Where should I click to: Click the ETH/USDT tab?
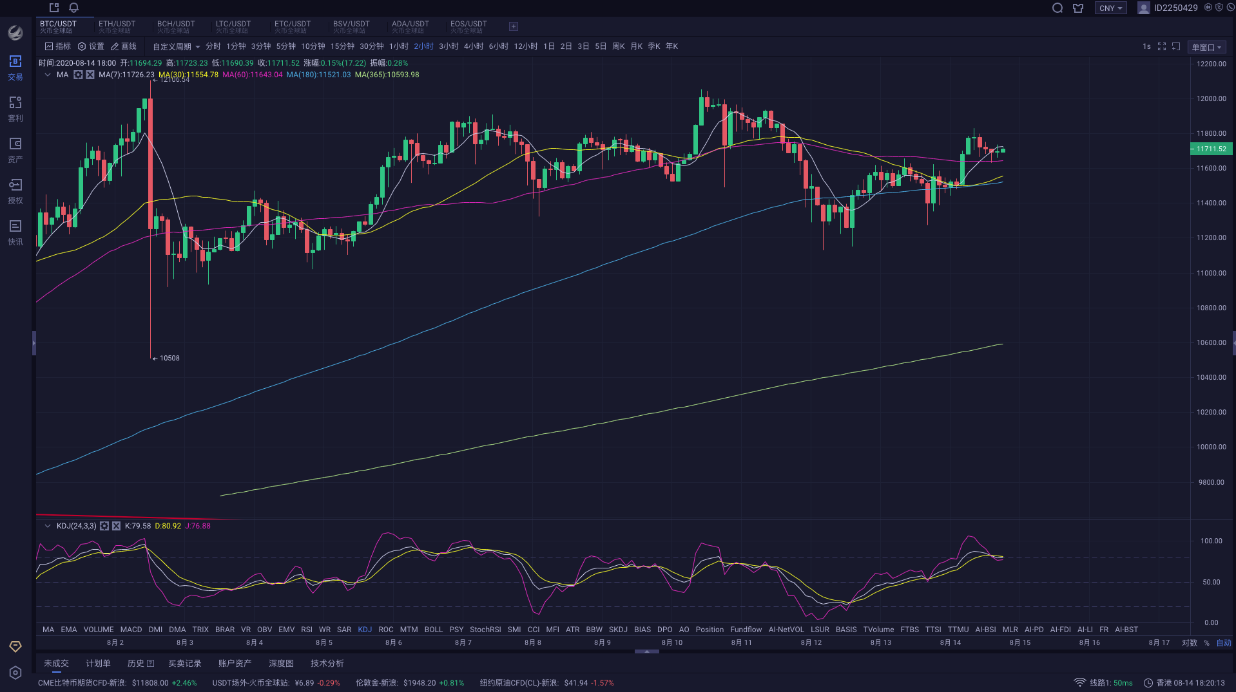tap(117, 26)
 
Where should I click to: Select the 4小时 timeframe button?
tap(473, 46)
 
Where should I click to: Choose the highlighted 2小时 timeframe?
tap(423, 46)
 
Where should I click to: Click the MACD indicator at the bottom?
tap(131, 630)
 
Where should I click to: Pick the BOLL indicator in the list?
tap(433, 630)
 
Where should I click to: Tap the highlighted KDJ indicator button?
tap(365, 630)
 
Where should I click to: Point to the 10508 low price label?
tap(169, 358)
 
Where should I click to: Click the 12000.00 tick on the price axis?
tap(1211, 98)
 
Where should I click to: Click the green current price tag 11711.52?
tap(1211, 149)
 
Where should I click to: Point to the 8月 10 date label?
tap(671, 642)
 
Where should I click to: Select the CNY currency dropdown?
tap(1110, 8)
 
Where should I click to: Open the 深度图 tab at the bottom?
tap(281, 663)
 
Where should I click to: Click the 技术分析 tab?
tap(327, 663)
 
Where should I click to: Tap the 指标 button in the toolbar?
tap(57, 46)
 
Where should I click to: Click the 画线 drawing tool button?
tap(124, 46)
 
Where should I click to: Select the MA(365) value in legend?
tap(387, 75)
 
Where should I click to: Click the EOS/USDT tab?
tap(468, 26)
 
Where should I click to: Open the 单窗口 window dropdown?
tap(1206, 47)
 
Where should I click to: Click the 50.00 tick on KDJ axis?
tap(1211, 582)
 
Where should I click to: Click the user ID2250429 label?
tap(1175, 8)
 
